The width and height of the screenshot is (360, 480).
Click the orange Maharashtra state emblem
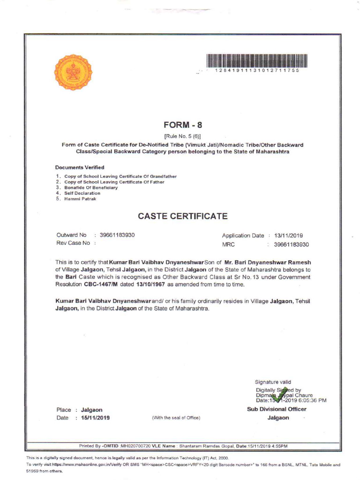pos(74,73)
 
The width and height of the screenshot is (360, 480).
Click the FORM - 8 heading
pos(183,125)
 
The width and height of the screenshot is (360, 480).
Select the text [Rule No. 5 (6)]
pos(182,136)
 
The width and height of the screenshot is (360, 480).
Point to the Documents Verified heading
pos(80,167)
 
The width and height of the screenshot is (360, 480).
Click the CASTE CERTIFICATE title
pos(183,216)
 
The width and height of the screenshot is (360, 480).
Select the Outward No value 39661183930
pos(117,235)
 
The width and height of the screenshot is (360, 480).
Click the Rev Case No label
pos(73,243)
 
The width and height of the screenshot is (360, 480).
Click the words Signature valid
pos(273,382)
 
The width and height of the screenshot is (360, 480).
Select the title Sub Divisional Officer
pos(277,409)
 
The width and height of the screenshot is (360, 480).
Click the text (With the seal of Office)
pos(176,418)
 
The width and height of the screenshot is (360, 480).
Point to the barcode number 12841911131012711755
pos(256,70)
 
